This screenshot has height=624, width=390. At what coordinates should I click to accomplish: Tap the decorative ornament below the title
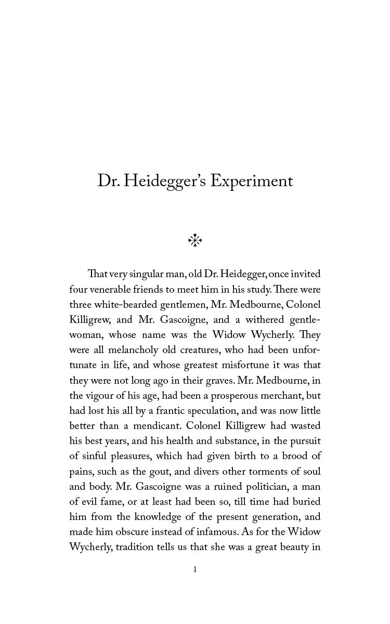pyautogui.click(x=194, y=240)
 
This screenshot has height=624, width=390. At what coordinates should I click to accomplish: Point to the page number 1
pyautogui.click(x=195, y=569)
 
